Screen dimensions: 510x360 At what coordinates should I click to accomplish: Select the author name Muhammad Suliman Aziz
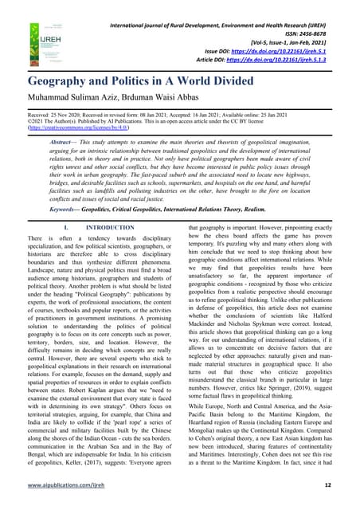tap(76, 99)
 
